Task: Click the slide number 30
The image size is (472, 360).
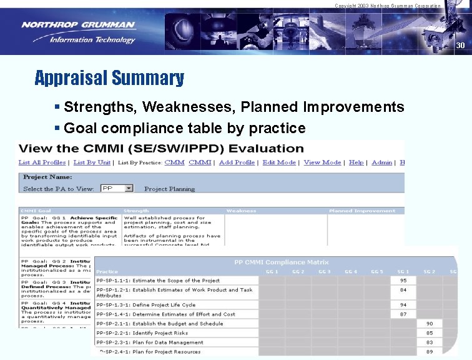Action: [460, 46]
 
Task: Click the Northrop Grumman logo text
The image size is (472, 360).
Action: [78, 25]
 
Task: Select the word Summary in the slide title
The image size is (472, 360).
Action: [148, 78]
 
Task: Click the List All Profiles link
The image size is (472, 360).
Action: [42, 162]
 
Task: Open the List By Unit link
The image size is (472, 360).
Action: [92, 162]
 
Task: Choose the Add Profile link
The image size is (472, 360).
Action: [237, 162]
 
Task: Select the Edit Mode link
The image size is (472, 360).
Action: [279, 162]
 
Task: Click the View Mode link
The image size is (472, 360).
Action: [322, 162]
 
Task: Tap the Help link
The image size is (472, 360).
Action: [356, 162]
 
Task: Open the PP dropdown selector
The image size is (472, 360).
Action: [117, 188]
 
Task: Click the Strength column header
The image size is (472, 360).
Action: [137, 211]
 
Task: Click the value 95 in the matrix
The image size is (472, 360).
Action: [403, 281]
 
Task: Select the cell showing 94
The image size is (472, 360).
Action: [403, 305]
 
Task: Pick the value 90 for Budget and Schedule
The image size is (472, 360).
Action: [430, 324]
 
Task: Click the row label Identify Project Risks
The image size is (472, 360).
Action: [142, 333]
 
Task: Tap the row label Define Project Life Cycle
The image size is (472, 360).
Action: [145, 305]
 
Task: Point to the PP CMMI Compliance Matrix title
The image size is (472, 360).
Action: [282, 262]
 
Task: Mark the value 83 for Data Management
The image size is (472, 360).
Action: [430, 342]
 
